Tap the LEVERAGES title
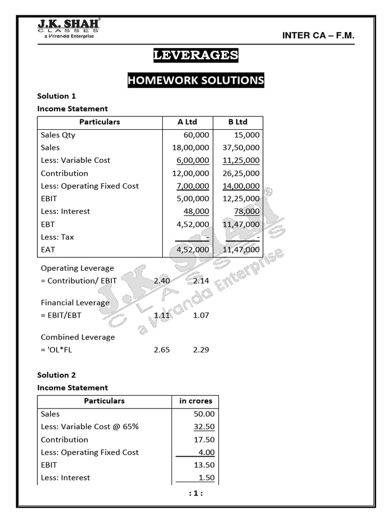tap(196, 55)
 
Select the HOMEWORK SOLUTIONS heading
tap(196, 80)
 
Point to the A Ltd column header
tap(187, 122)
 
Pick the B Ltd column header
tap(237, 122)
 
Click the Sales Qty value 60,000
tap(197, 135)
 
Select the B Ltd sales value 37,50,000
tap(241, 148)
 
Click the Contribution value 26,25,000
tap(241, 173)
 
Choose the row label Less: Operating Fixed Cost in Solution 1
tap(90, 186)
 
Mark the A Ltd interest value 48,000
tap(197, 211)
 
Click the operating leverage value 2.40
tap(162, 281)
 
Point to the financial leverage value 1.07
tap(201, 316)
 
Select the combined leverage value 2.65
tap(162, 350)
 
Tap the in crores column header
tap(195, 401)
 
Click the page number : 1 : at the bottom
tap(196, 494)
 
